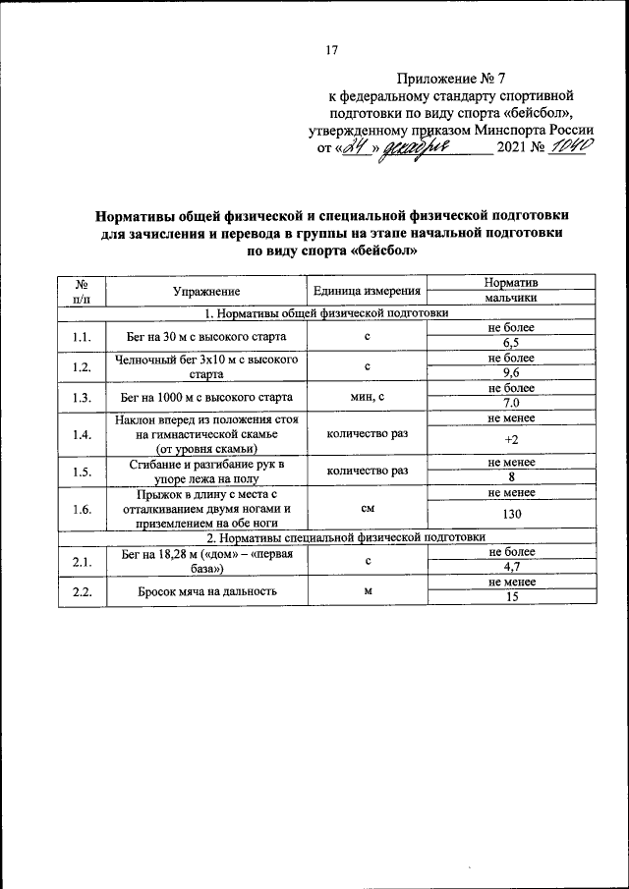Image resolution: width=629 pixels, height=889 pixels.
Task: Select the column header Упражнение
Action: [x=205, y=291]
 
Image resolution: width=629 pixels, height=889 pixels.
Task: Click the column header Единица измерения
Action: [x=367, y=291]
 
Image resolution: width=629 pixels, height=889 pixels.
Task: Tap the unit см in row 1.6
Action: [x=367, y=510]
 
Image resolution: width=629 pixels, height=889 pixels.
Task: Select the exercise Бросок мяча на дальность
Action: [x=205, y=591]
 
